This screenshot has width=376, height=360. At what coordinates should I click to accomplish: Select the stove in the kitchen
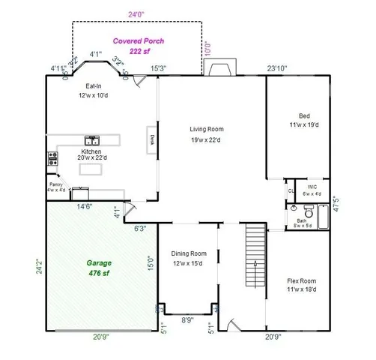pyautogui.click(x=52, y=158)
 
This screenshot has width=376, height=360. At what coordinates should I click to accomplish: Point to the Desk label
pyautogui.click(x=151, y=139)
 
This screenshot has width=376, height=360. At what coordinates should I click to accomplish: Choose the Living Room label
pyautogui.click(x=206, y=133)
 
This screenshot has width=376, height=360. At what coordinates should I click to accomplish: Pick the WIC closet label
pyautogui.click(x=312, y=190)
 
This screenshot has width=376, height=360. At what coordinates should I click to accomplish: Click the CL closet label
pyautogui.click(x=291, y=191)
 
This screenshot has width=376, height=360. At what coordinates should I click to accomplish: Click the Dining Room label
pyautogui.click(x=189, y=258)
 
